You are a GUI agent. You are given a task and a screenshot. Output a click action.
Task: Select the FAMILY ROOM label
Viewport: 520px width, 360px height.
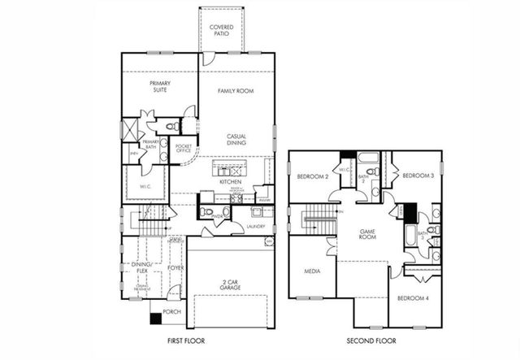click(235, 91)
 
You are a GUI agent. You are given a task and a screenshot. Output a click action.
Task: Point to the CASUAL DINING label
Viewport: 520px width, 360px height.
click(236, 140)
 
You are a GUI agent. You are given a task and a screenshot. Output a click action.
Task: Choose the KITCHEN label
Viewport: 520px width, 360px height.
click(230, 181)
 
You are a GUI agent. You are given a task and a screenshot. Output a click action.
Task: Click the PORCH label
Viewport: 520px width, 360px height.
click(171, 312)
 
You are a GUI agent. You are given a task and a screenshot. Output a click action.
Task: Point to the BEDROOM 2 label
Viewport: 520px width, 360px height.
click(312, 176)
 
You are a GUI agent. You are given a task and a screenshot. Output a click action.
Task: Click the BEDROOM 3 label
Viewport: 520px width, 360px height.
click(418, 176)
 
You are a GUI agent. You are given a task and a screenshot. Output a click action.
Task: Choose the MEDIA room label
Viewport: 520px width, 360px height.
click(312, 271)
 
